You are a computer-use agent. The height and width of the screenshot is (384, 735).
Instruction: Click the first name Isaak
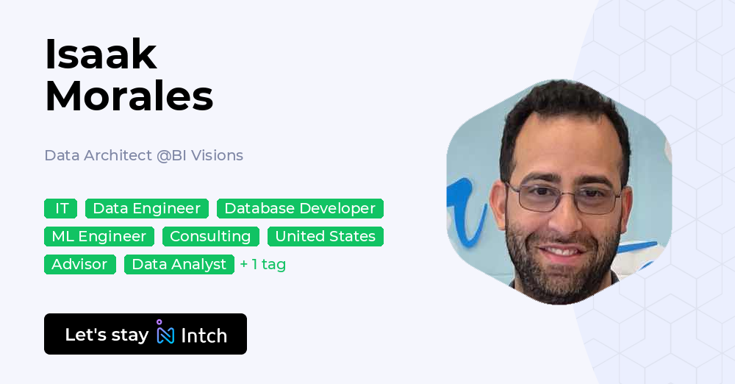click(101, 54)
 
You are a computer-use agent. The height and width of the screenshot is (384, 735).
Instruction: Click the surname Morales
click(129, 96)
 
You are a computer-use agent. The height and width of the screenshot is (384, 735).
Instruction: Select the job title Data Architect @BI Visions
click(143, 155)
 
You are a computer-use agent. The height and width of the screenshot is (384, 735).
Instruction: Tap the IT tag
click(61, 209)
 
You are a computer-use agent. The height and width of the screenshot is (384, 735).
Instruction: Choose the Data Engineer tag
click(146, 209)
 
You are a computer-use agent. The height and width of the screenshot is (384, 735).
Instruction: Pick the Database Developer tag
click(300, 209)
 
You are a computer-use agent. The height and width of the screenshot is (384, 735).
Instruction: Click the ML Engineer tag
click(98, 236)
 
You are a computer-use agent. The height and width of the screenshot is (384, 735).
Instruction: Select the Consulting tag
click(210, 236)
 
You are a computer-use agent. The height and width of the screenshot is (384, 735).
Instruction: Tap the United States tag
click(325, 236)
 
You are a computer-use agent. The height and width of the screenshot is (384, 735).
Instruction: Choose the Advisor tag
click(79, 264)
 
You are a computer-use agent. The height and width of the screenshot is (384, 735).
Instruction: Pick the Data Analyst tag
click(179, 264)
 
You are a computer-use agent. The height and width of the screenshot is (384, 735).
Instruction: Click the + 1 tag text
click(262, 264)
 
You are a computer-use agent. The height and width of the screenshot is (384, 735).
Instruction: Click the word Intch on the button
click(204, 335)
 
